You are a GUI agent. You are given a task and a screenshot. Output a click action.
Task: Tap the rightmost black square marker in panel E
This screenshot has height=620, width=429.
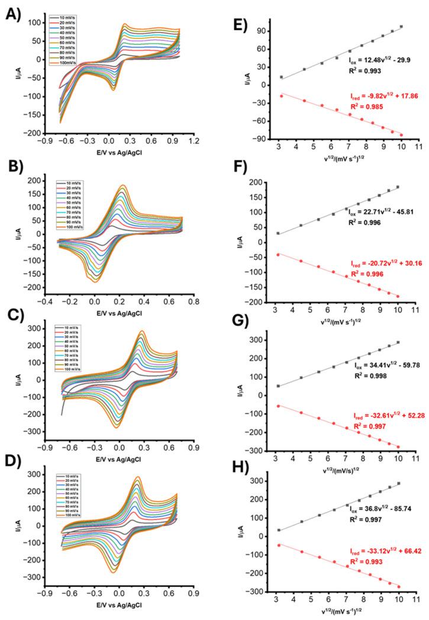pos(401,27)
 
